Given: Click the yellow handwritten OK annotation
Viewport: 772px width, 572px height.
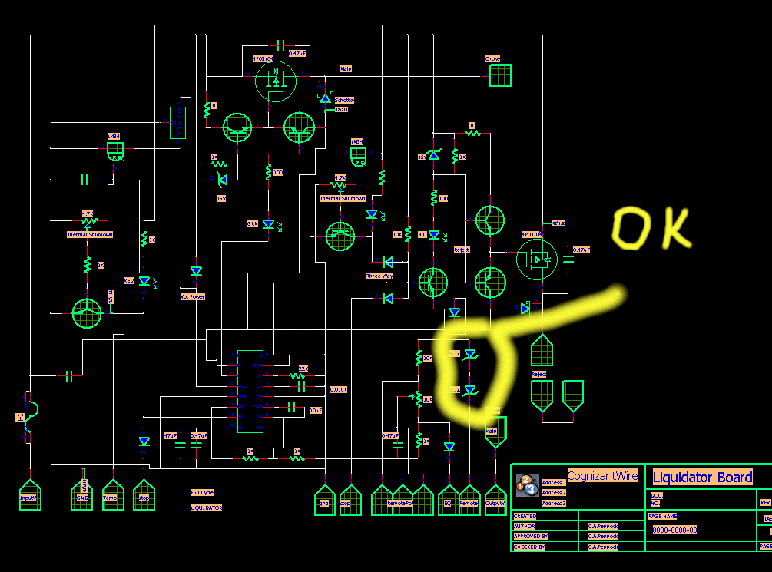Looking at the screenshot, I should click(651, 227).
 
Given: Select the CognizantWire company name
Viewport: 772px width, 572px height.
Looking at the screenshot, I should click(602, 476).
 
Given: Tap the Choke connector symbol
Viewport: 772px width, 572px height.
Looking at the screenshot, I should click(500, 75).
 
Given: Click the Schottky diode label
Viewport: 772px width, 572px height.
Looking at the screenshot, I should click(344, 101).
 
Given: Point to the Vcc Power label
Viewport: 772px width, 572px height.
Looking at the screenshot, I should click(192, 296).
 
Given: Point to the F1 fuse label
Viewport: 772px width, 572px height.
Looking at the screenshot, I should click(20, 417).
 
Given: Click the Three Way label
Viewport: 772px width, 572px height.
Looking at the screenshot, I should click(379, 276).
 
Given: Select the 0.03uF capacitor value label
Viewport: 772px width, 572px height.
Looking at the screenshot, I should click(338, 389).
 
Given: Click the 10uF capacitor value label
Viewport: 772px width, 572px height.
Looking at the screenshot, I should click(316, 411).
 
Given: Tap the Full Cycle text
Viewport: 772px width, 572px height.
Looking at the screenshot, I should click(202, 492).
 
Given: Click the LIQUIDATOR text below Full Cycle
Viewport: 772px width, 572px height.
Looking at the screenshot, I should click(206, 508).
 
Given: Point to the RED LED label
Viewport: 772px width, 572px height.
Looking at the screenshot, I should click(129, 281).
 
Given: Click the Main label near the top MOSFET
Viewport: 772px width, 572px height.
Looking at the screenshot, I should click(346, 69).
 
